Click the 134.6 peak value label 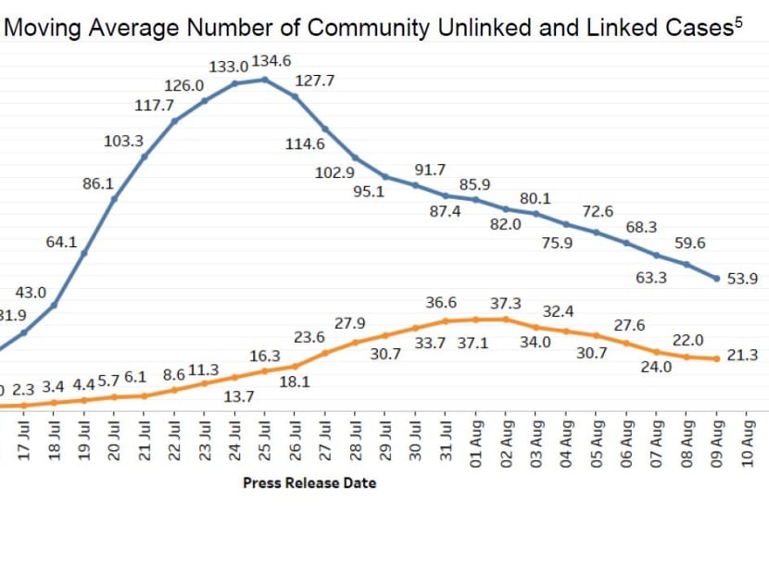point(271,61)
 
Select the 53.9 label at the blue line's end point(742,279)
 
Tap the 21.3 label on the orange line point(742,355)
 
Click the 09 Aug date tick point(717,439)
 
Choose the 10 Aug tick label point(748,439)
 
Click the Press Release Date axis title point(309,482)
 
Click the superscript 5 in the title point(738,22)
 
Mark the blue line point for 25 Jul point(265,80)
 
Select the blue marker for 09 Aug point(717,278)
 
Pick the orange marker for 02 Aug point(506,319)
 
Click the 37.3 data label point(505,304)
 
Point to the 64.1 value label point(61,242)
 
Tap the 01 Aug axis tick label point(476,439)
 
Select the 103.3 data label point(123,141)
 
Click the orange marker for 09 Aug point(717,359)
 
